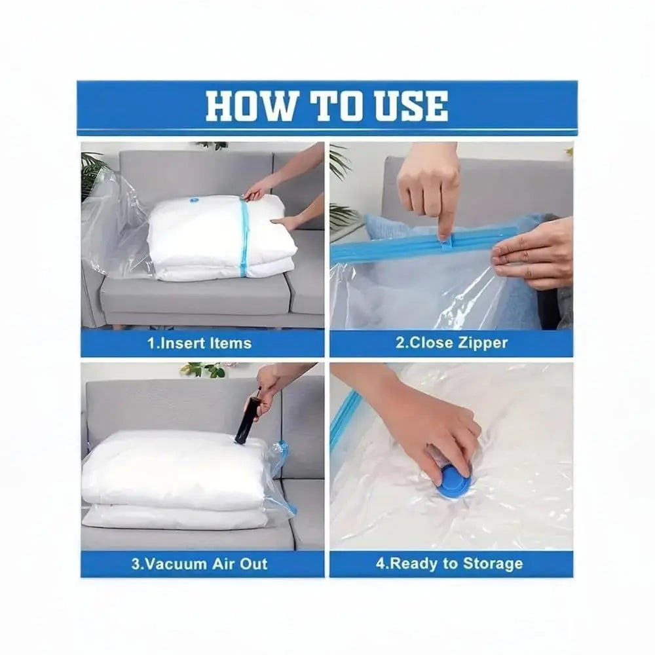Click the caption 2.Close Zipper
pos(451,343)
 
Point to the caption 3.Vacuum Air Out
pos(199,563)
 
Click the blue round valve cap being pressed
pos(455,483)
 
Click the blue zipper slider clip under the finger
pos(447,240)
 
